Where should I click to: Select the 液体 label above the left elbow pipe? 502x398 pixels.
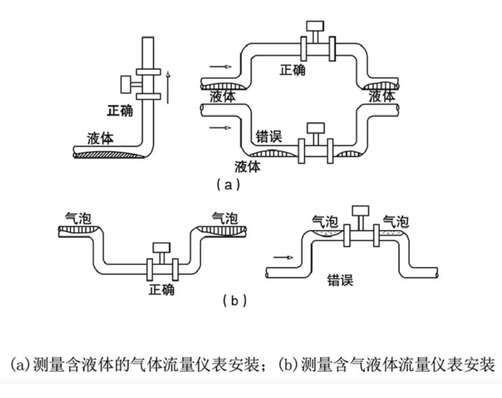[x=100, y=139]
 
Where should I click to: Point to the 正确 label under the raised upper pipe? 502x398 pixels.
[x=293, y=69]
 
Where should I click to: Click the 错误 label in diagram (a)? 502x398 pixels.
[x=269, y=137]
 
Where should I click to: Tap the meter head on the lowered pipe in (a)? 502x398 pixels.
[x=315, y=128]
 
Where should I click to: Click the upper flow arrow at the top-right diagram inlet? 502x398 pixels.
[x=220, y=67]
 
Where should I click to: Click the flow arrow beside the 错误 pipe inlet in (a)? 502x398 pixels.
[x=220, y=128]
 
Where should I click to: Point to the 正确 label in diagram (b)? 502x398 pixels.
[x=161, y=290]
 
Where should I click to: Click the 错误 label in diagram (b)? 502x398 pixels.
[x=341, y=280]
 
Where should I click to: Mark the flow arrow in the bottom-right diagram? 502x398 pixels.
[x=283, y=258]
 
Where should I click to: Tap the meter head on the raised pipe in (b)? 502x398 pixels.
[x=361, y=211]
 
